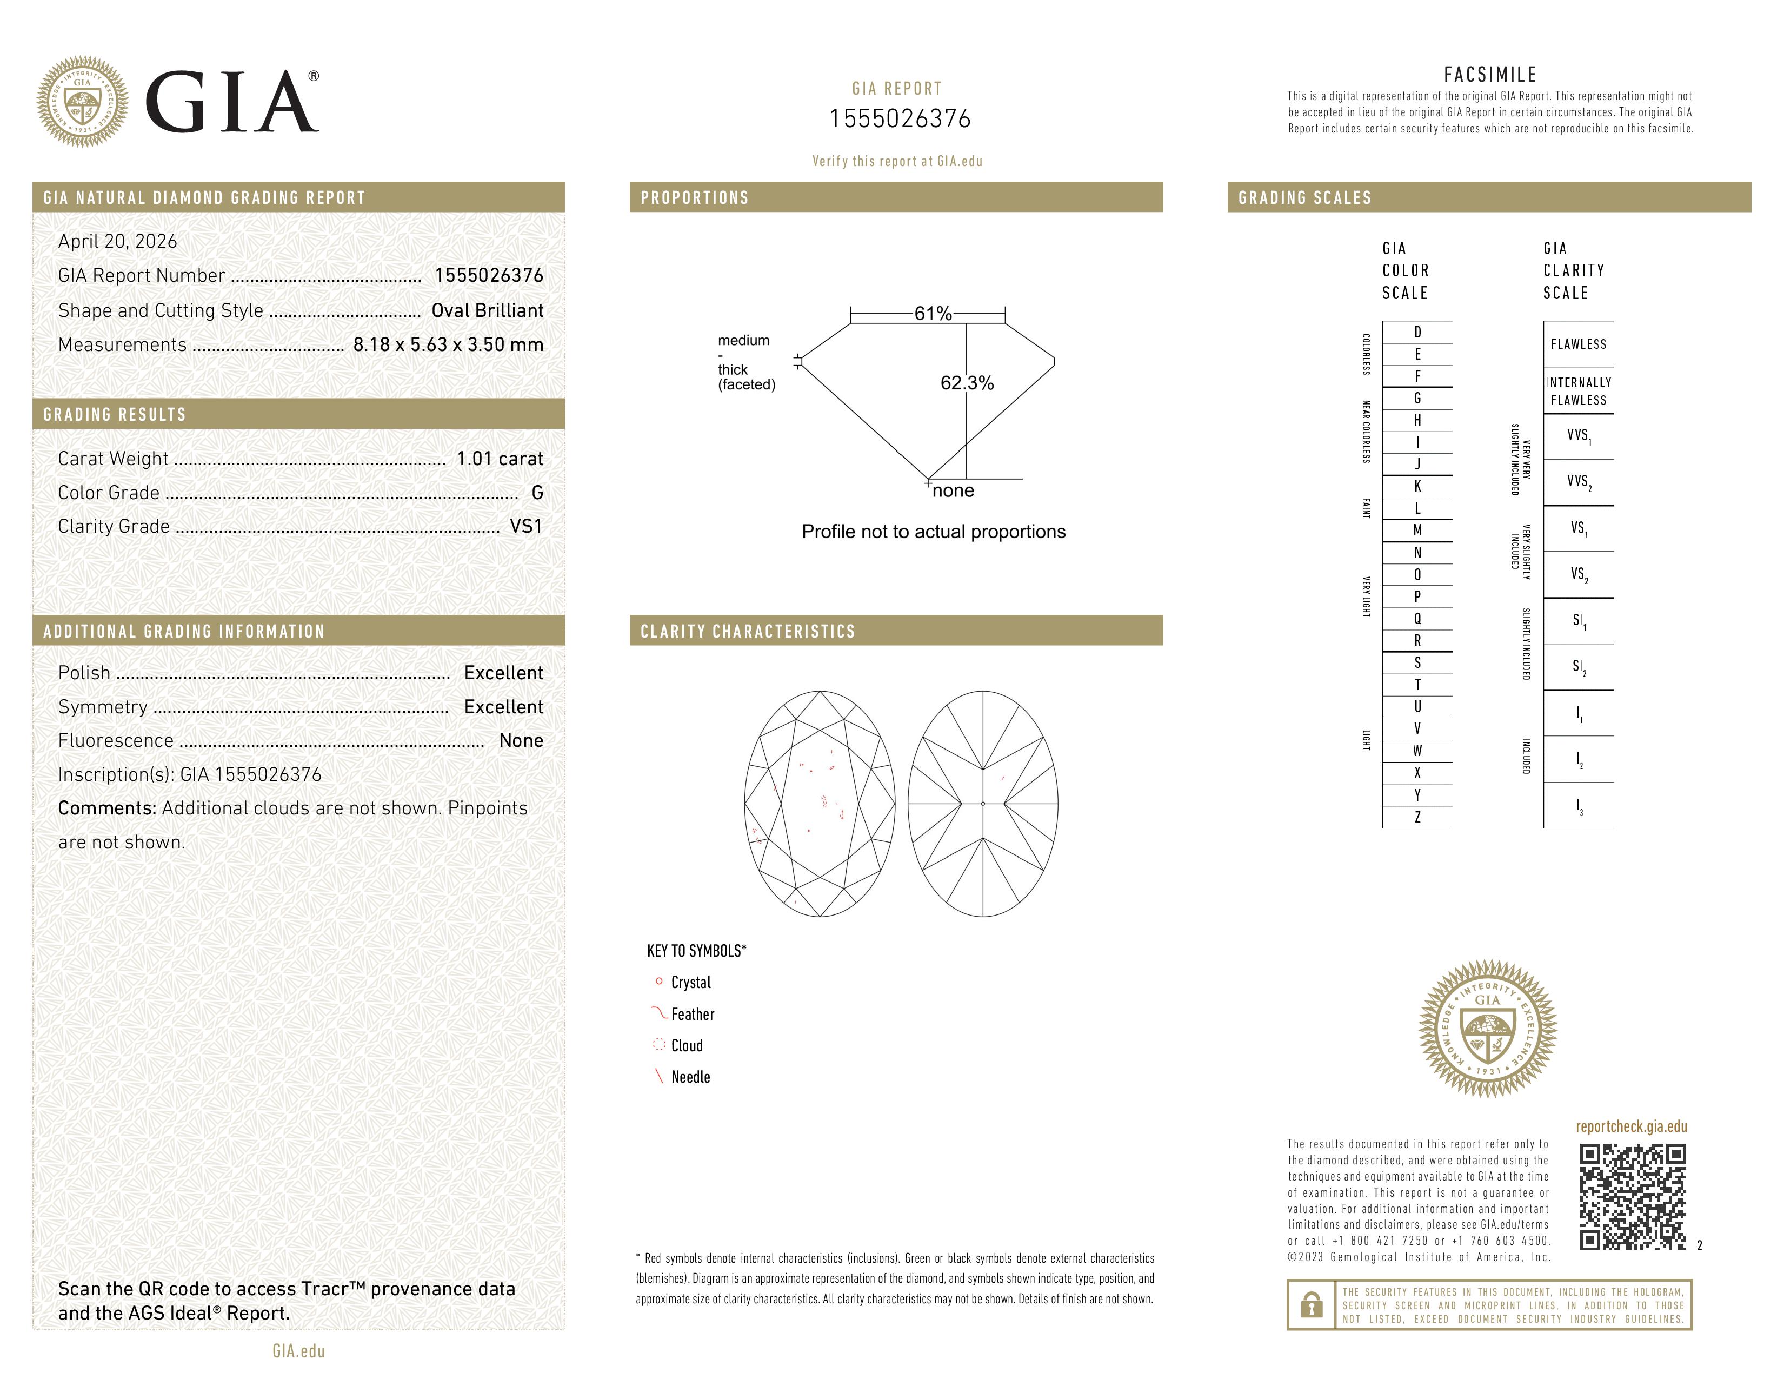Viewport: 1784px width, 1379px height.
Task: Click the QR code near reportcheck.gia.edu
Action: pyautogui.click(x=1632, y=1196)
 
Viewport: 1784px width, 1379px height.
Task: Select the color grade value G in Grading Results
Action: pyautogui.click(x=537, y=493)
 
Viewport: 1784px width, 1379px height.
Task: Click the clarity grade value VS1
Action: pyautogui.click(x=525, y=526)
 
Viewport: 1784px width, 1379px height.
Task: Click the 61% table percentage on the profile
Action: pyautogui.click(x=933, y=313)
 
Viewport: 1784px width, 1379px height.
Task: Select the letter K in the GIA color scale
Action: pyautogui.click(x=1417, y=486)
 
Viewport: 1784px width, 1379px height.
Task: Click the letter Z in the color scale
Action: pyautogui.click(x=1417, y=817)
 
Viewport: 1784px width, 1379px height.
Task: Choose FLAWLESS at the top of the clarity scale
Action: pyautogui.click(x=1578, y=344)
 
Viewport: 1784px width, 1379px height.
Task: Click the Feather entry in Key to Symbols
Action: pyautogui.click(x=692, y=1014)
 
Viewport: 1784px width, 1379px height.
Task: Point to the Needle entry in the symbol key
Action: pyautogui.click(x=690, y=1077)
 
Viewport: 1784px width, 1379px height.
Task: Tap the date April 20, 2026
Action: pyautogui.click(x=118, y=241)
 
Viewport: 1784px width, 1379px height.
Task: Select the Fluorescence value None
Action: pyautogui.click(x=521, y=740)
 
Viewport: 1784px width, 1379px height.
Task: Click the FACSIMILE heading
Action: pyautogui.click(x=1490, y=74)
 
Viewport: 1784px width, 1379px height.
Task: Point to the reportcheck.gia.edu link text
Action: pyautogui.click(x=1631, y=1126)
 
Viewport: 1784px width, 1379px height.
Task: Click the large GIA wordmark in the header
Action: pyautogui.click(x=232, y=102)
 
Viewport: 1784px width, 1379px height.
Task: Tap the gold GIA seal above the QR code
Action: pyautogui.click(x=1488, y=1027)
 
